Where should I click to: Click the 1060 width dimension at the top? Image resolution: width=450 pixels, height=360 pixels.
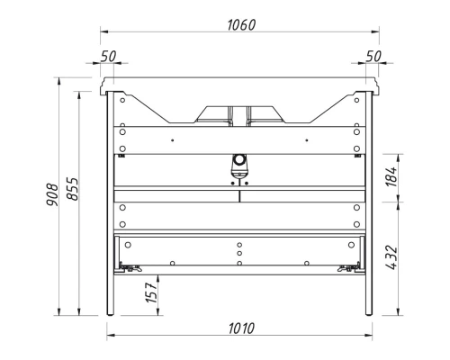pos(240,25)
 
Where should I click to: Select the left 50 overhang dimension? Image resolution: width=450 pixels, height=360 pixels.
pos(109,56)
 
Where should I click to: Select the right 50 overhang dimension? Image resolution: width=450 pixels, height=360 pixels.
pos(373,56)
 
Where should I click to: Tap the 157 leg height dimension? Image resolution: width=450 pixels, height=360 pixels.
pos(152,294)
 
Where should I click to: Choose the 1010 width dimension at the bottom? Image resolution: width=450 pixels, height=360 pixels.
pos(240,328)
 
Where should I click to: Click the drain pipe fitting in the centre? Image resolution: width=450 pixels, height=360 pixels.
pos(240,165)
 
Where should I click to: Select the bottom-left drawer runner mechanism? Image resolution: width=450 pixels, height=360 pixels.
pos(130,267)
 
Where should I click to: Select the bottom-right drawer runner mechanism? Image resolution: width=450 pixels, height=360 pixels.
pos(348,267)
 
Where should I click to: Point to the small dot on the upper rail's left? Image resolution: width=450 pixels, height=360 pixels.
pos(172,140)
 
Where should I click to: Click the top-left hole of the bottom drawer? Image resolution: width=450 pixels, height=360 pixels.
pos(128,243)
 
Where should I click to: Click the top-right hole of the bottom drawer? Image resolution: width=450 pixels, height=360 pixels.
pos(353,243)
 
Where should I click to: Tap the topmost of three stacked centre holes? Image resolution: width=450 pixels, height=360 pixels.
pos(240,244)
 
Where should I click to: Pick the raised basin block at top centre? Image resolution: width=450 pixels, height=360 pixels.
pos(240,112)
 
